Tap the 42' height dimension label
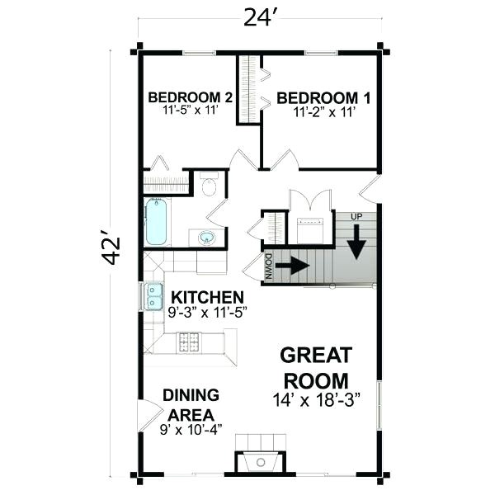click(x=112, y=251)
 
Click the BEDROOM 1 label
click(x=323, y=98)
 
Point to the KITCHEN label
click(x=206, y=297)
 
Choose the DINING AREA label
click(x=190, y=404)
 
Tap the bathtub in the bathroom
click(x=156, y=221)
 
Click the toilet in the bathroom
click(x=208, y=185)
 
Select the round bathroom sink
click(x=206, y=238)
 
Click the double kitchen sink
click(x=153, y=295)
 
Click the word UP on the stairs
click(x=356, y=216)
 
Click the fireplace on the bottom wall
click(x=262, y=463)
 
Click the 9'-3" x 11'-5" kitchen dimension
click(x=206, y=313)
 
